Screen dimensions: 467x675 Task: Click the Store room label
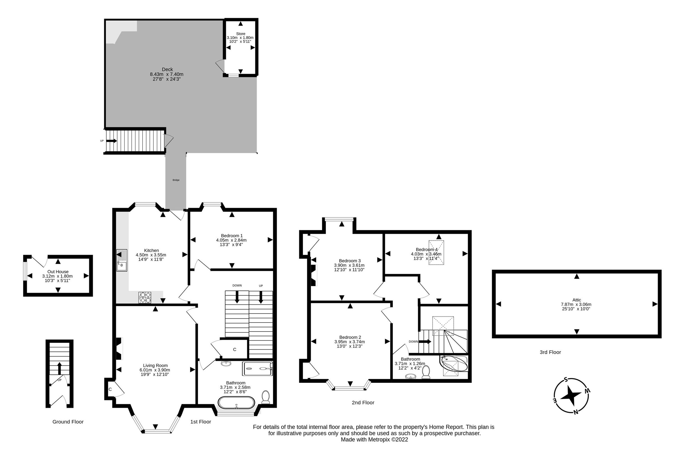[x=240, y=34]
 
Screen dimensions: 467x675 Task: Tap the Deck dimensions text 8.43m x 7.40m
[x=166, y=74]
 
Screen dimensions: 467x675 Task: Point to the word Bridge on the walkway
[x=176, y=180]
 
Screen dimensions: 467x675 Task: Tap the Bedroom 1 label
[x=231, y=236]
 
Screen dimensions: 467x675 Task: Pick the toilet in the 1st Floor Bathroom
[x=265, y=397]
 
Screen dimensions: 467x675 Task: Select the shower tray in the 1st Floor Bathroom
[x=257, y=369]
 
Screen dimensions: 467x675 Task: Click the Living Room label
[x=155, y=365]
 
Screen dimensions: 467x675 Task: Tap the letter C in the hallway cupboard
[x=235, y=349]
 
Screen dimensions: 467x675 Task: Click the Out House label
[x=58, y=272]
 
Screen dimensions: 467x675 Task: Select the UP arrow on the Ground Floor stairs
[x=59, y=368]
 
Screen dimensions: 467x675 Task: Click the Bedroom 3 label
[x=350, y=261]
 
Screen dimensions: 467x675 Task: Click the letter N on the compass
[x=576, y=412]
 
